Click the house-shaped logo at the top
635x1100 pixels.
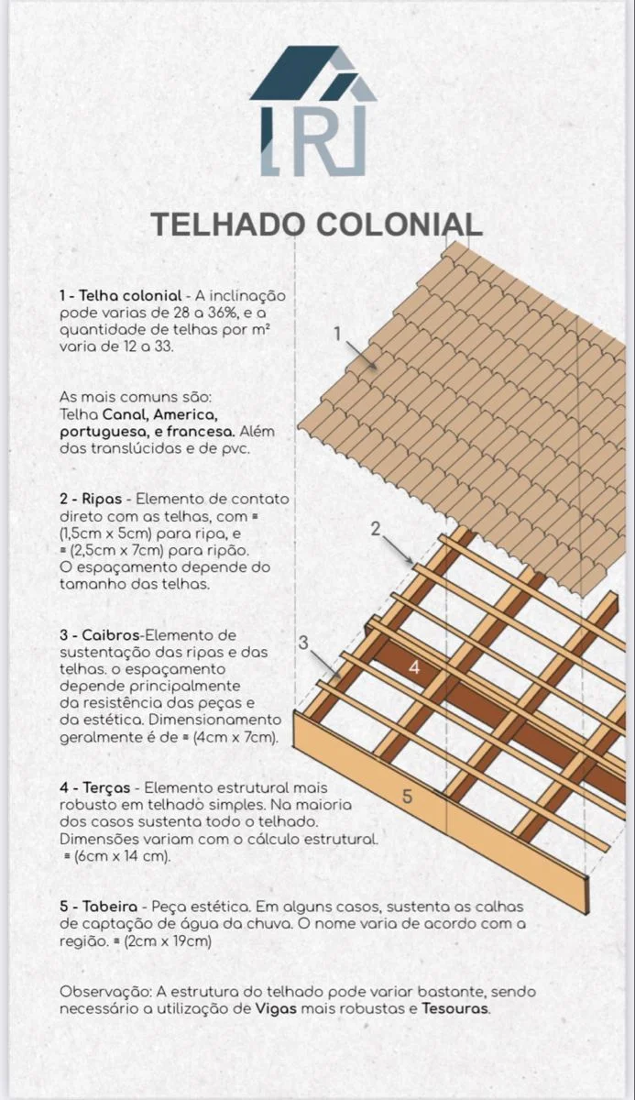(x=312, y=111)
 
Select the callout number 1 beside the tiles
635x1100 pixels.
(x=338, y=334)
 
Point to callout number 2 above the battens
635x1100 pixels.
(x=375, y=528)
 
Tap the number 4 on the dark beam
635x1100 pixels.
(x=414, y=668)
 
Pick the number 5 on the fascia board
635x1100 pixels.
(x=408, y=797)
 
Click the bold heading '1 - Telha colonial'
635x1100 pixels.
(x=120, y=296)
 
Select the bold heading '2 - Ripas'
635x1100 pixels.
(x=90, y=500)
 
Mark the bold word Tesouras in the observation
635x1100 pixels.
(x=455, y=1008)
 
